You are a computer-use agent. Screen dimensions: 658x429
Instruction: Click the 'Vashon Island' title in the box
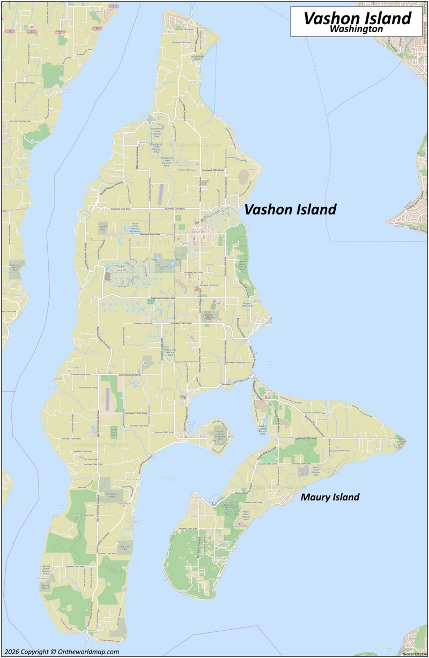(x=357, y=18)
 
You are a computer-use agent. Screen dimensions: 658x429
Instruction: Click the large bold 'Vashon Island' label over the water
(x=290, y=210)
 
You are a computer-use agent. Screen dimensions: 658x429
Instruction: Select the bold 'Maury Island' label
(x=330, y=497)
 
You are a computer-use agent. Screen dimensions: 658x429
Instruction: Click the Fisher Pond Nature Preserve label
(x=134, y=226)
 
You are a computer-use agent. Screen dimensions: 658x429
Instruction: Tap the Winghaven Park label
(x=197, y=57)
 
